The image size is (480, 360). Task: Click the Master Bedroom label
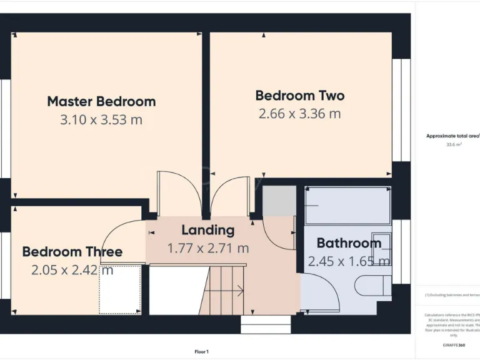click(x=101, y=101)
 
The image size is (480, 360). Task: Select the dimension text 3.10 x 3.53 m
click(x=101, y=119)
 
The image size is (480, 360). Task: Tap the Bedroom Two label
click(x=299, y=96)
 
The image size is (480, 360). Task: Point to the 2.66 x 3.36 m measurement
click(x=299, y=114)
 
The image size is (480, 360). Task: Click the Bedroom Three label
click(x=72, y=252)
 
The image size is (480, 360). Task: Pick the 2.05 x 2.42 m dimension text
click(x=72, y=270)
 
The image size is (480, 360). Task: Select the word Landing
click(x=207, y=230)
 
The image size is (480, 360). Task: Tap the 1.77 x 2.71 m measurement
click(x=207, y=248)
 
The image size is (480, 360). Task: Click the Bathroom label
click(x=349, y=243)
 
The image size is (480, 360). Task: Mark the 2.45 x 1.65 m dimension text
click(x=349, y=261)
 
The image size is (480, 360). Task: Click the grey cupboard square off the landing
click(x=278, y=201)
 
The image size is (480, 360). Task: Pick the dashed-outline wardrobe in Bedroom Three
click(x=120, y=289)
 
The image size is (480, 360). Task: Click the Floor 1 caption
click(x=201, y=352)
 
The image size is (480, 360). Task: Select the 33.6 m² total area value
click(x=453, y=144)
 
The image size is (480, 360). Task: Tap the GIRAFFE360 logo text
click(x=453, y=345)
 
